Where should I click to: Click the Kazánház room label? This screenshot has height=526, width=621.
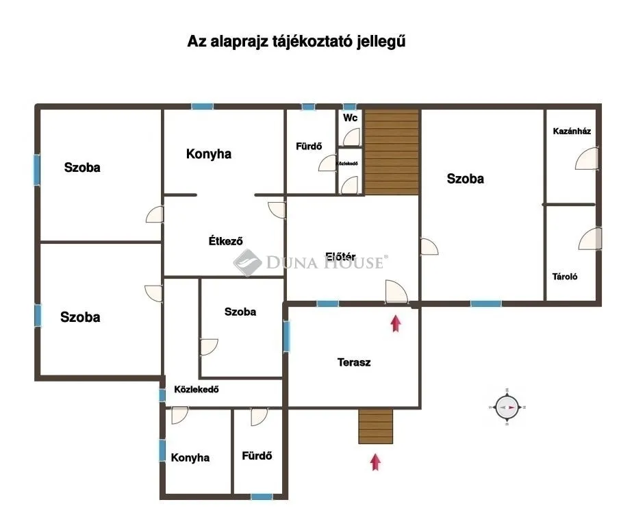click(x=572, y=131)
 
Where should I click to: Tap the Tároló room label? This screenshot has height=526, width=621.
click(x=566, y=277)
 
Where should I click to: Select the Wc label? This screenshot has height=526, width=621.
click(x=351, y=118)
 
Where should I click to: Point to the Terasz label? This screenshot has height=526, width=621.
click(x=354, y=362)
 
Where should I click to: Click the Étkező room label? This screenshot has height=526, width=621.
click(x=226, y=240)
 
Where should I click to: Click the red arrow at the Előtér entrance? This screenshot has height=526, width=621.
click(x=395, y=323)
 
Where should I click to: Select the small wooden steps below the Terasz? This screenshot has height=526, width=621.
click(x=375, y=427)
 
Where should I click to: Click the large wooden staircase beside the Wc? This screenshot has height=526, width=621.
click(x=391, y=152)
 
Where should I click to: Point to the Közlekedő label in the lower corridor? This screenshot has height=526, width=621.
click(x=197, y=390)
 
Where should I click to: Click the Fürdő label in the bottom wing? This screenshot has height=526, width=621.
click(x=257, y=455)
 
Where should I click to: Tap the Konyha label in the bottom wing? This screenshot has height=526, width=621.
click(x=190, y=458)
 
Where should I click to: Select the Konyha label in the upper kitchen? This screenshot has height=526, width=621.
click(x=209, y=154)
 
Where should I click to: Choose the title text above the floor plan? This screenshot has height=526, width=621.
click(x=296, y=41)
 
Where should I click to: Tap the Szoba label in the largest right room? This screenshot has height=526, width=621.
click(x=466, y=179)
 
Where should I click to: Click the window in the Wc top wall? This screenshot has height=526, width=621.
click(x=350, y=107)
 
